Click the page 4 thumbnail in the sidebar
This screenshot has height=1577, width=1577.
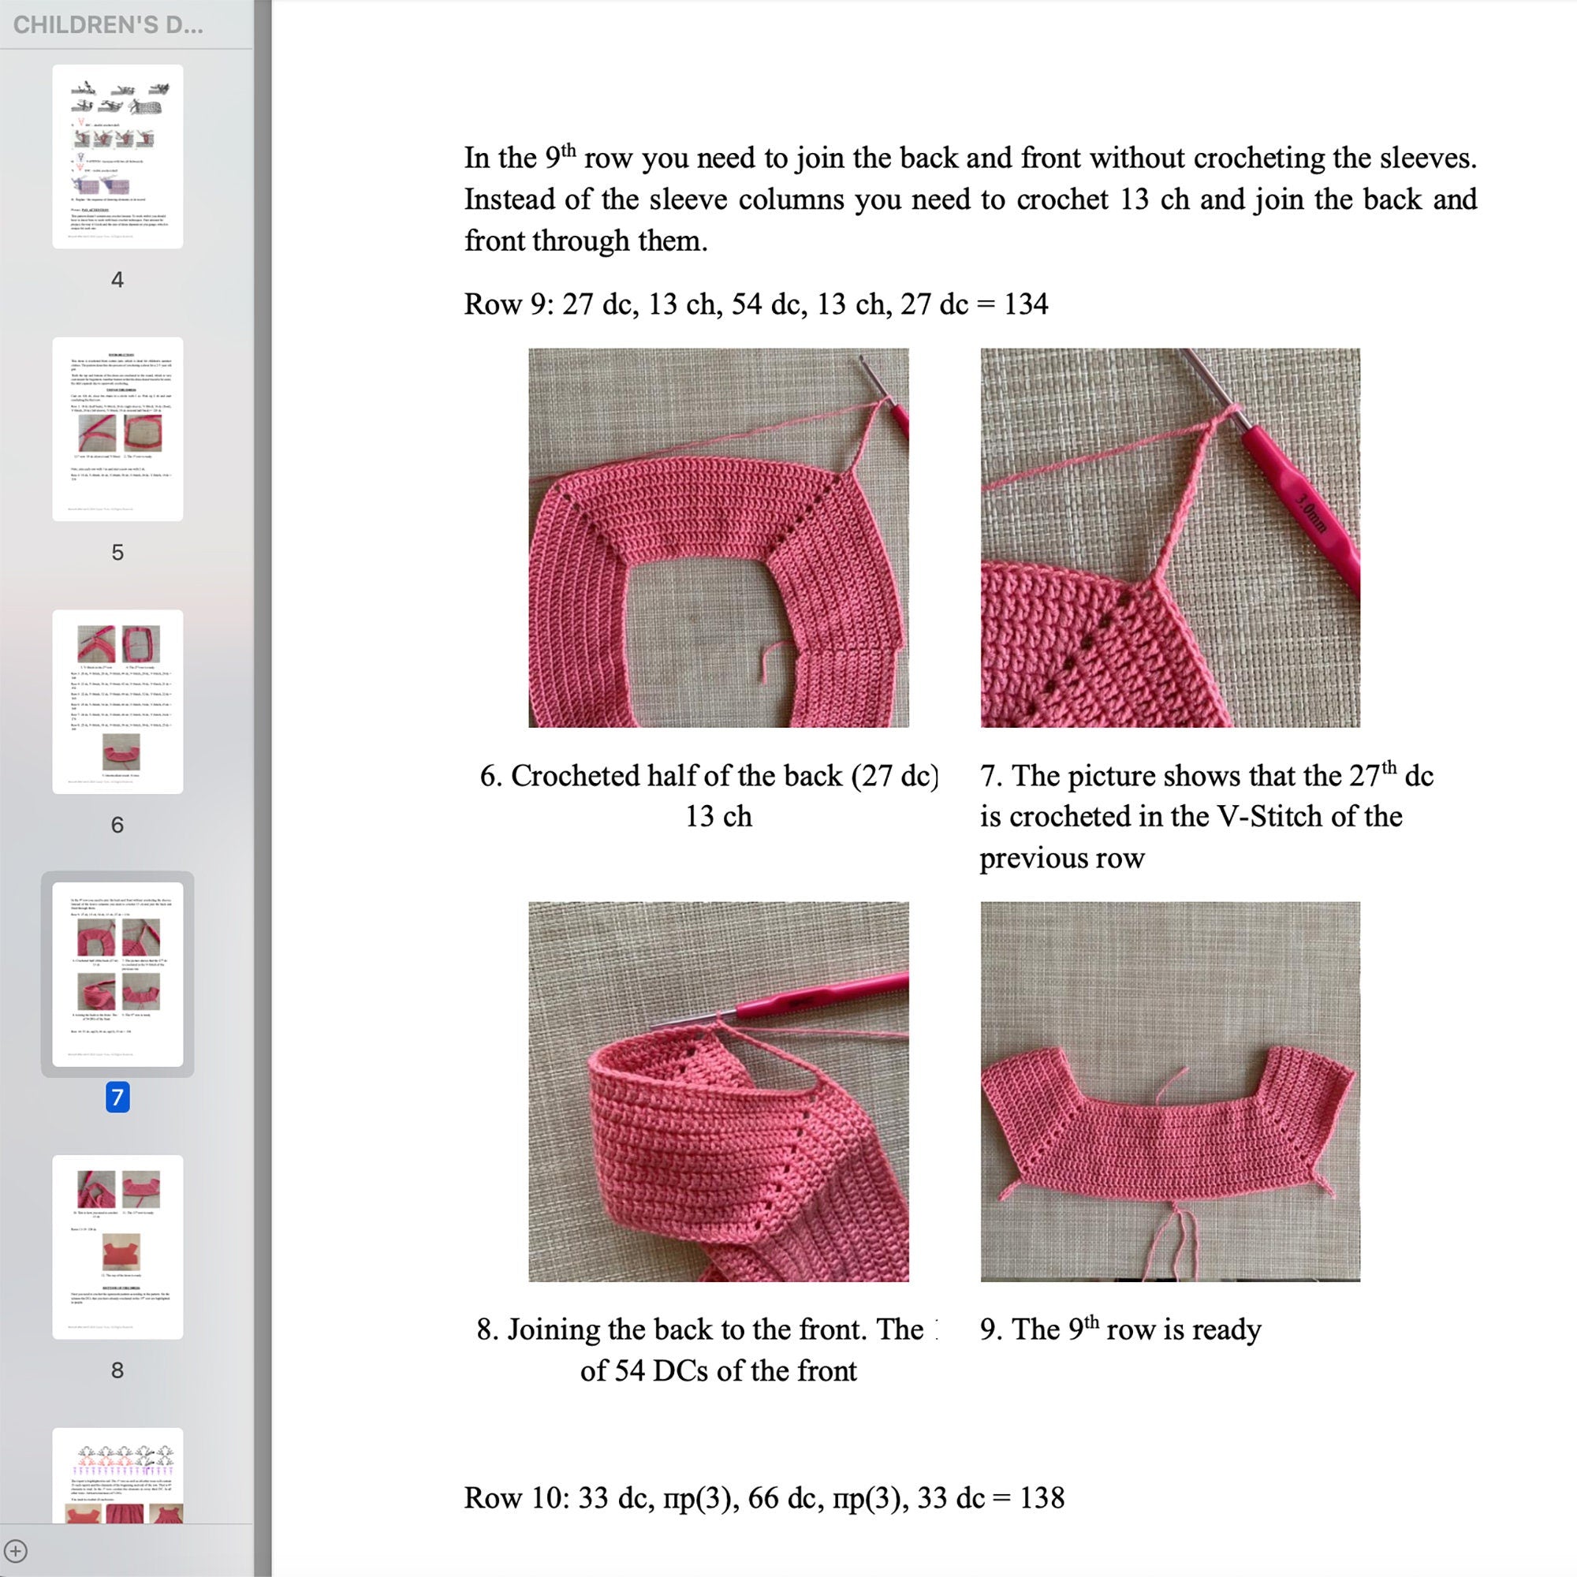point(117,157)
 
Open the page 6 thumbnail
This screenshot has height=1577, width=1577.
point(117,701)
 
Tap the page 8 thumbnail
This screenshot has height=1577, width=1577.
point(117,1247)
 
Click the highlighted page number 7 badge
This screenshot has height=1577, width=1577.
point(117,1097)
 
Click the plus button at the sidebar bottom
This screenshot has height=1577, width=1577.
point(17,1551)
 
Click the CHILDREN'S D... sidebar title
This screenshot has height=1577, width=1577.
point(108,25)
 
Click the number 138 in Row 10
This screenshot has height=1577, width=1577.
point(1042,1498)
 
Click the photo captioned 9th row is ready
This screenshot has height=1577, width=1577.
point(1169,1091)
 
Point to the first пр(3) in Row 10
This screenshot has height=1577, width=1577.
point(695,1498)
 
